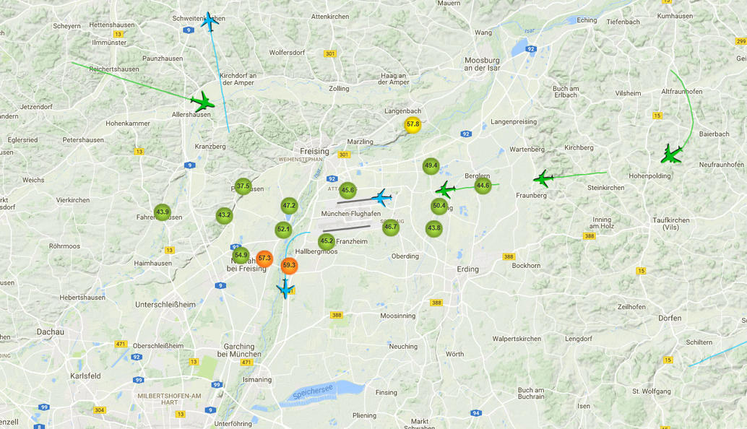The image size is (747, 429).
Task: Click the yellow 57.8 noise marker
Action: [413, 124]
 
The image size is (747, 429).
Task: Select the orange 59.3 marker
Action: [289, 265]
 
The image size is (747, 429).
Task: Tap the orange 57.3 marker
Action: [264, 258]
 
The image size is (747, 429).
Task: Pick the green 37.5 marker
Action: [243, 186]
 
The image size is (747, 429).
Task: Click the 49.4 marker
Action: [431, 166]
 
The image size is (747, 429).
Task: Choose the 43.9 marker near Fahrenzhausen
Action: [163, 212]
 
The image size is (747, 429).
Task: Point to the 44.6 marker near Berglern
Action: [483, 186]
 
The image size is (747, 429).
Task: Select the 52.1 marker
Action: [283, 230]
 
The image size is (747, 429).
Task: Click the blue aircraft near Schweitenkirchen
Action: [210, 21]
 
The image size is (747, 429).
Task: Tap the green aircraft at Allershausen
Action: [202, 102]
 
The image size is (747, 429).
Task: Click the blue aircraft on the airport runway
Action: [381, 196]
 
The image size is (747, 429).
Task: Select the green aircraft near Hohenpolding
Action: [671, 154]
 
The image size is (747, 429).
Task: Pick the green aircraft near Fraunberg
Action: [543, 178]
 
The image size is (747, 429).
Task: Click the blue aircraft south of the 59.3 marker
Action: [285, 289]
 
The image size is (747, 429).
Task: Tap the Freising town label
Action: [314, 152]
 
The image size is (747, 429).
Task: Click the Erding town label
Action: [467, 269]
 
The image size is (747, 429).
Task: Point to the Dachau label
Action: [51, 332]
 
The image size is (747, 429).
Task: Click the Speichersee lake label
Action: [313, 392]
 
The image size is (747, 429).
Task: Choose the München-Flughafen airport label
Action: [350, 214]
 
